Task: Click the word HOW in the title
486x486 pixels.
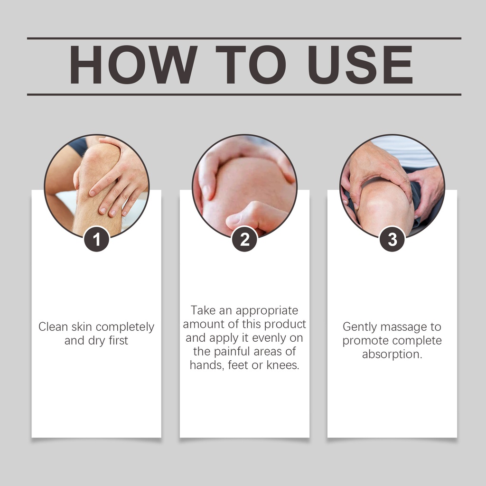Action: coord(133,65)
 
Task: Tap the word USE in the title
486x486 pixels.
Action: coord(360,65)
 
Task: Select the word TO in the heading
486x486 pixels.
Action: coord(251,65)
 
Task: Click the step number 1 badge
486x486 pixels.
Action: coord(96,239)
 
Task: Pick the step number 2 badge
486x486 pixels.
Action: coord(244,239)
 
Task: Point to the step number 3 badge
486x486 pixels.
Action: coord(392,239)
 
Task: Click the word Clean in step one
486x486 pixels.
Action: coord(53,327)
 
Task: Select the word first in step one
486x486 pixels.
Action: coord(118,340)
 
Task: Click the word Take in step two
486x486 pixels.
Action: coord(203,310)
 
